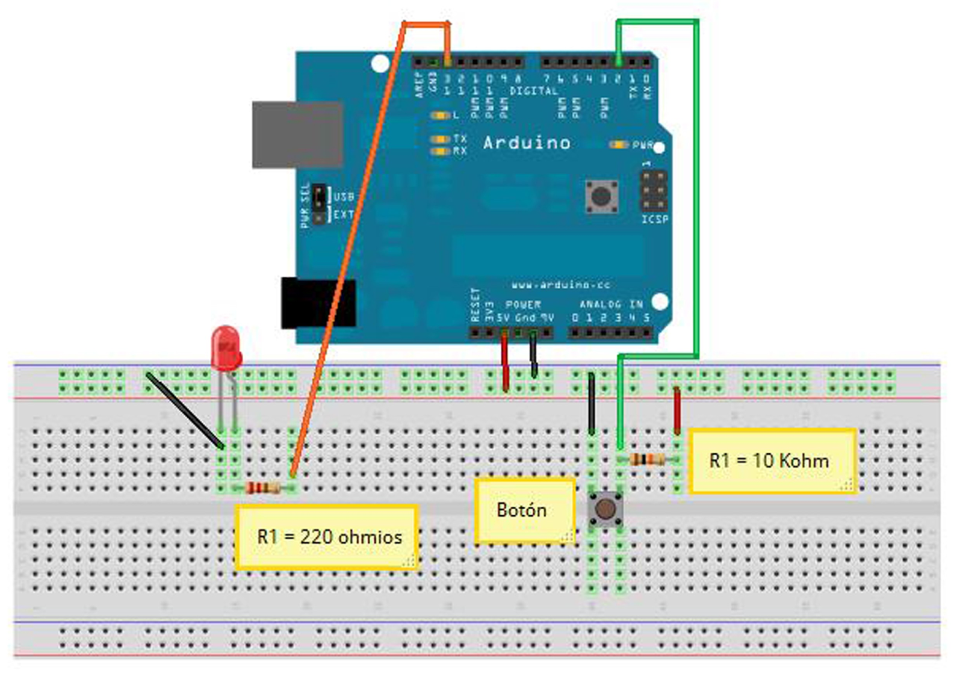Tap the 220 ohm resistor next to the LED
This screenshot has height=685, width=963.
click(x=264, y=488)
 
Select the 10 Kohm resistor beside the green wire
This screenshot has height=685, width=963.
click(x=647, y=460)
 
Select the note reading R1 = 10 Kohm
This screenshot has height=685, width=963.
click(x=771, y=461)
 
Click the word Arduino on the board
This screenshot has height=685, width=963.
click(x=526, y=143)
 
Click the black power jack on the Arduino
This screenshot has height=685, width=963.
click(x=318, y=302)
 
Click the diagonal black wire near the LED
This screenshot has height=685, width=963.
click(x=184, y=410)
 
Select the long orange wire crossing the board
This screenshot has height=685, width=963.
click(x=346, y=253)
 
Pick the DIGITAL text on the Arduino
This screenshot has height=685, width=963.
click(x=533, y=91)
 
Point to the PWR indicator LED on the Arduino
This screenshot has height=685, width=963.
click(x=619, y=144)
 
